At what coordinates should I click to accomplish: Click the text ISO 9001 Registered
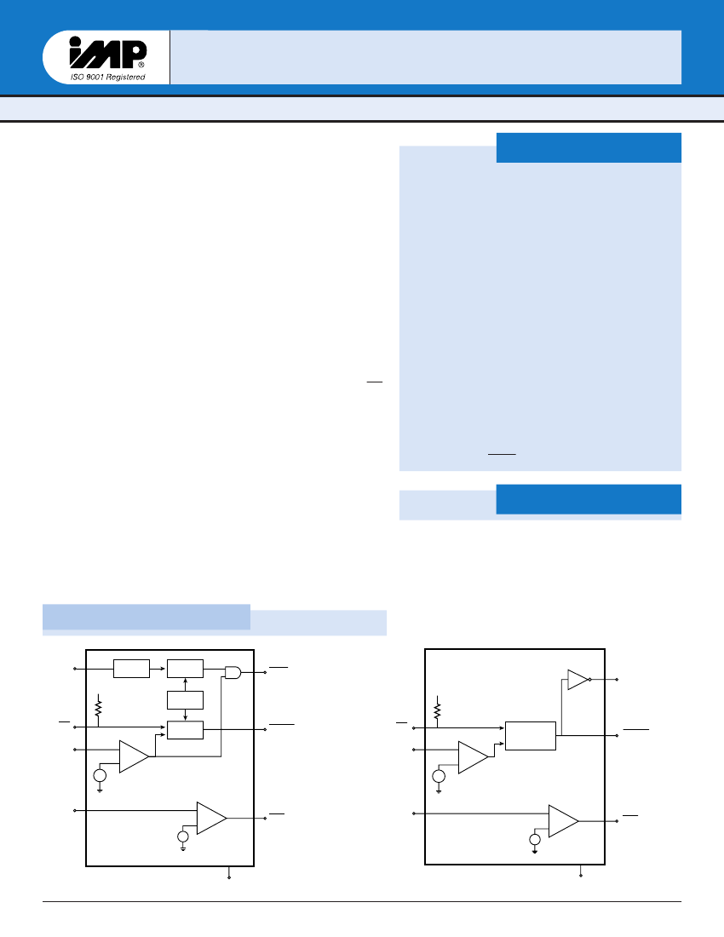[107, 78]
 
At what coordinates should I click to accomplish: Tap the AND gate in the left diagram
[233, 672]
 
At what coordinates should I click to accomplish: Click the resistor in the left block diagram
[99, 707]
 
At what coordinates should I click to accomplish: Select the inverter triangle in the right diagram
[577, 680]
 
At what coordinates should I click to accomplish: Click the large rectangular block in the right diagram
[531, 735]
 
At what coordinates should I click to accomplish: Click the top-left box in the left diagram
[131, 669]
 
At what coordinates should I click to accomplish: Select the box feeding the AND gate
[186, 669]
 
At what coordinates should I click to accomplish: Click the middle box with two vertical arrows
[186, 700]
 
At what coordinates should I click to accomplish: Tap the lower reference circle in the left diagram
[182, 837]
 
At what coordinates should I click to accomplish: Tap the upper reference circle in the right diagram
[439, 776]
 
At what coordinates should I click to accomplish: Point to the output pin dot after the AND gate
[266, 672]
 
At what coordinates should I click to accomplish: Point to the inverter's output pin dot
[617, 680]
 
